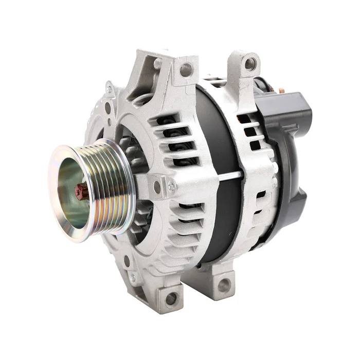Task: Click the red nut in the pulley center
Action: tap(81, 192)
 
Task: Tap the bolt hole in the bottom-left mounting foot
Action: tap(171, 298)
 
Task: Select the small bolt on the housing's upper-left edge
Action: tap(109, 89)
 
